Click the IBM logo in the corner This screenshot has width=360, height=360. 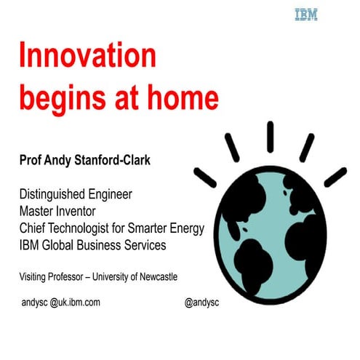305,15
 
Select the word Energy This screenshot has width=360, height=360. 185,228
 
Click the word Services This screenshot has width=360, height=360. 144,245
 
